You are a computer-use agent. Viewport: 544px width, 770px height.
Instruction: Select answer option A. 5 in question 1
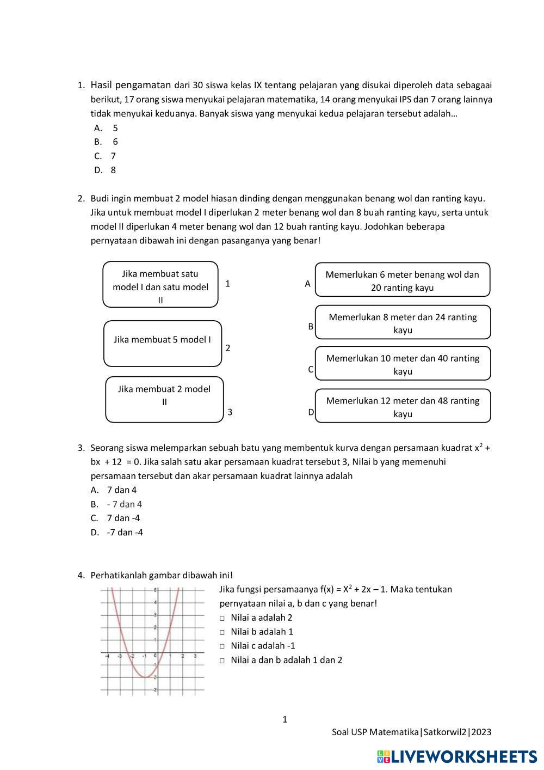(x=106, y=128)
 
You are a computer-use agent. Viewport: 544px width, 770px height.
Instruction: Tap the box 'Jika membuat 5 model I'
(x=163, y=343)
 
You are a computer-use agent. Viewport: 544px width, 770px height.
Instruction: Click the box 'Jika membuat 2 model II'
(x=164, y=399)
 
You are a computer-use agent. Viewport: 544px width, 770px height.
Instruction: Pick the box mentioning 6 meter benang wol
(x=403, y=280)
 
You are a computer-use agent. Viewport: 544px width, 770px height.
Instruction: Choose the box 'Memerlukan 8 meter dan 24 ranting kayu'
(x=403, y=322)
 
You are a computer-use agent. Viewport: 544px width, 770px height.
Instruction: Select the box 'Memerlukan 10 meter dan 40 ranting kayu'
(x=403, y=364)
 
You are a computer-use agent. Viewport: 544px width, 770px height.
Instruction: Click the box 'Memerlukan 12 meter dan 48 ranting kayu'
(x=403, y=406)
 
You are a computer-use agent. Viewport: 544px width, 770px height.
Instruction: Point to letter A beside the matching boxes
(x=307, y=284)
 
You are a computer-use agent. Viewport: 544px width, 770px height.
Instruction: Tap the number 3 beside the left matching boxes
(x=230, y=412)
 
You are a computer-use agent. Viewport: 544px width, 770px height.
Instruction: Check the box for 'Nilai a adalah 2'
(x=222, y=618)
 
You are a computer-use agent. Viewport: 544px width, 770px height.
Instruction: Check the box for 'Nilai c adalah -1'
(x=222, y=646)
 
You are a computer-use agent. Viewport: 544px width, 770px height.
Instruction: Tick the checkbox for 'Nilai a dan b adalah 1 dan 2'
(x=222, y=661)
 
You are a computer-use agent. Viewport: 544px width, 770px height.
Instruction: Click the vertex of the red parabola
(x=144, y=677)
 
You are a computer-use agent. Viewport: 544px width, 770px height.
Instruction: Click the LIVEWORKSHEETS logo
(x=456, y=756)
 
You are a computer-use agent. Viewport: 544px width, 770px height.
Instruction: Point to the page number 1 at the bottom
(x=285, y=720)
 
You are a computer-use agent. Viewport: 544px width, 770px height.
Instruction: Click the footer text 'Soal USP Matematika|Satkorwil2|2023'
(x=411, y=732)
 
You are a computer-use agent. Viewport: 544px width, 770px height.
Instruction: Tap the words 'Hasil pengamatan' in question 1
(x=131, y=85)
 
